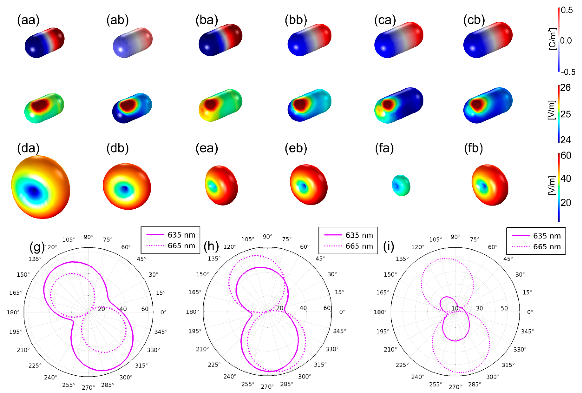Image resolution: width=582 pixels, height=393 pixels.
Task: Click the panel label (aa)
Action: (28, 20)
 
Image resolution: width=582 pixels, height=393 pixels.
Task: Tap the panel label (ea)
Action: (207, 148)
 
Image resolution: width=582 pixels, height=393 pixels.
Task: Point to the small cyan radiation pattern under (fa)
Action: (401, 185)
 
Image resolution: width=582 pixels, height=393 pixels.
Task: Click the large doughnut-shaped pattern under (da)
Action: (41, 187)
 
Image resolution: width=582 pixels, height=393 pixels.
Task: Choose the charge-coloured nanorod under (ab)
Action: (132, 43)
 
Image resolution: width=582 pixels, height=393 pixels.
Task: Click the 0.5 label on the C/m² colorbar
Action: (567, 10)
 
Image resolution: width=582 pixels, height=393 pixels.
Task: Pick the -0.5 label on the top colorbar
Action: (568, 72)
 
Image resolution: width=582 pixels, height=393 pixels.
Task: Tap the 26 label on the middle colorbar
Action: (565, 88)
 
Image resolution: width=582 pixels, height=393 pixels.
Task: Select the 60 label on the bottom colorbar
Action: (566, 156)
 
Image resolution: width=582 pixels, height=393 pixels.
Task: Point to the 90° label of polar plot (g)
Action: (88, 237)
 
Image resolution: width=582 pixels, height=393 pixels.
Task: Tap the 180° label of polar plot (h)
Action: (192, 312)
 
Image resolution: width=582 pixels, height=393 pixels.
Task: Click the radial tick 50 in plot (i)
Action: (504, 308)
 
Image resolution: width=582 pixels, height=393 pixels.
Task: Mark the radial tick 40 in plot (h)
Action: (303, 308)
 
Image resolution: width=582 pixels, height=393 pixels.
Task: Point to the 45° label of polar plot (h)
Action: (320, 258)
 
